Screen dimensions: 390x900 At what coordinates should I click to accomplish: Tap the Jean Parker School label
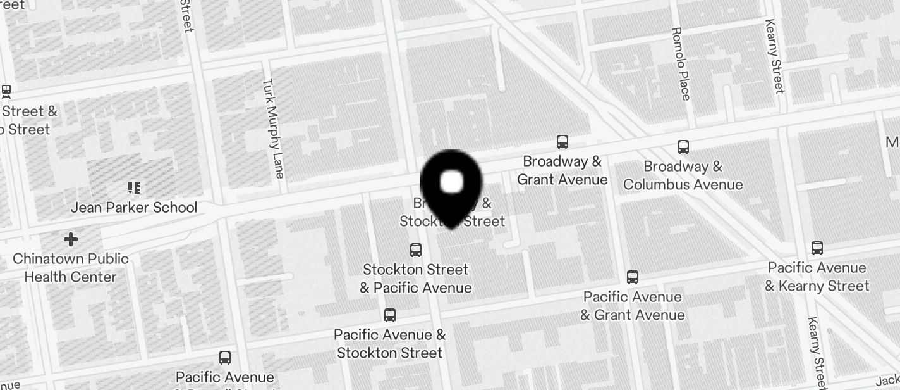point(134,208)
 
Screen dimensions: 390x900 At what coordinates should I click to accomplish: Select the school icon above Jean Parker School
point(134,188)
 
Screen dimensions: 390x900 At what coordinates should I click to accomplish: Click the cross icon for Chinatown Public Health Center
point(71,239)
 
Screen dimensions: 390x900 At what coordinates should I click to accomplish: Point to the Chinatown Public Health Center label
point(71,268)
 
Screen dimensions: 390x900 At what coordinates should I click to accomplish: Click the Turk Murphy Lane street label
point(274,128)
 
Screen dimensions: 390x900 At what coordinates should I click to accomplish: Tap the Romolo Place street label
point(680,63)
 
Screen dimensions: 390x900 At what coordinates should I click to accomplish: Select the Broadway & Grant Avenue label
point(562,170)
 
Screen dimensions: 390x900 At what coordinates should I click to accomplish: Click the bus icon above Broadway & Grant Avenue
point(562,142)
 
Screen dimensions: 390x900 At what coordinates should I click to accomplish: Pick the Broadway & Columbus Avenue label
point(683,175)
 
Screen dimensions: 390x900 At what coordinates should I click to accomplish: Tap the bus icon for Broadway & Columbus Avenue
point(683,147)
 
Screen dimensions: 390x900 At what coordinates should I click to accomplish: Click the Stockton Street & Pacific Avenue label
point(416,279)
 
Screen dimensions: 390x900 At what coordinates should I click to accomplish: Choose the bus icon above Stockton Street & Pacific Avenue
point(416,250)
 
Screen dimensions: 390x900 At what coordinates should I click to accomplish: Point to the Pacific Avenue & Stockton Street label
point(390,344)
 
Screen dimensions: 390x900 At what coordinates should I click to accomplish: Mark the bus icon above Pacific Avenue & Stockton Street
point(390,315)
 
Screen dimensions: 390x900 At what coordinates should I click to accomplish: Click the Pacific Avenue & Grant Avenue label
point(633,306)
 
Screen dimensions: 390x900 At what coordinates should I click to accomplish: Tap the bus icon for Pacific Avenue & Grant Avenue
point(633,277)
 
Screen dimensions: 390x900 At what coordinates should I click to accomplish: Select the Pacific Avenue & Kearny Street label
point(817,277)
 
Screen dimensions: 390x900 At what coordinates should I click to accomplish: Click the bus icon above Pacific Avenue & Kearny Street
point(817,248)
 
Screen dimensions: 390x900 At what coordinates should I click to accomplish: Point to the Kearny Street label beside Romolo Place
point(775,56)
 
